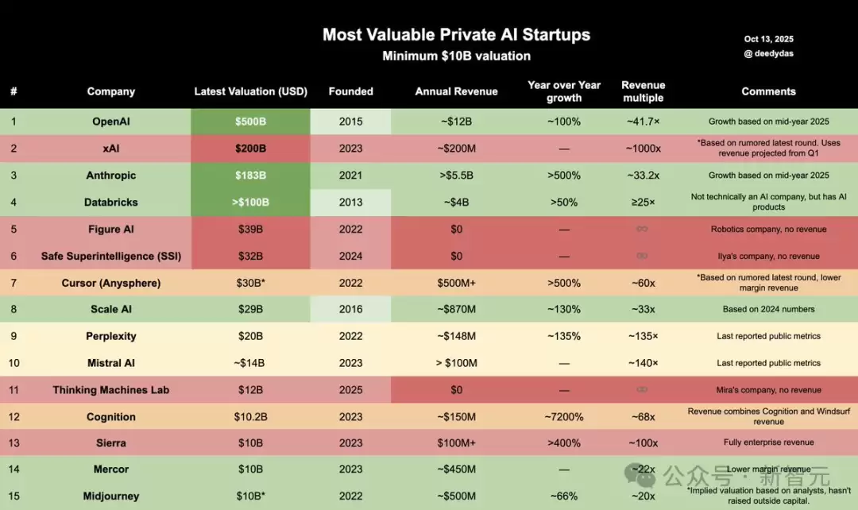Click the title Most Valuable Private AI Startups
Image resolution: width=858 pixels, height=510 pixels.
tap(456, 35)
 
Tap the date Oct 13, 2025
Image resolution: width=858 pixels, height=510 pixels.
tap(768, 39)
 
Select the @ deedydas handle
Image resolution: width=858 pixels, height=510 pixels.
tap(768, 54)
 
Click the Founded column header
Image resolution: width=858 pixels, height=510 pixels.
tap(350, 91)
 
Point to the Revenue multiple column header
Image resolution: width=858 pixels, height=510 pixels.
tap(643, 91)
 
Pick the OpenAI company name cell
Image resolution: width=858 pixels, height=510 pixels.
tap(110, 122)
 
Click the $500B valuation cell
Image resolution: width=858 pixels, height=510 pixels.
tap(250, 122)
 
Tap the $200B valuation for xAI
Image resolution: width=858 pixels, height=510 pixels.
tap(250, 149)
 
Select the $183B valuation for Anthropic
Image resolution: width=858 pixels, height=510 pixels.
tap(250, 176)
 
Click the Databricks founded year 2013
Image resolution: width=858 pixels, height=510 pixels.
tap(350, 203)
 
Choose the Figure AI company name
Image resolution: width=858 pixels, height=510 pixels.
tap(110, 229)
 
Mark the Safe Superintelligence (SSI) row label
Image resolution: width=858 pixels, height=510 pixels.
tap(110, 256)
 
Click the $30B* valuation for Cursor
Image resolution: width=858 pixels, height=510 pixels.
tap(250, 283)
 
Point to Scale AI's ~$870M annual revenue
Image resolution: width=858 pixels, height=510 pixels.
tap(456, 309)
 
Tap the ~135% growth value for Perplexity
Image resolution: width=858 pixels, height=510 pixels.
tap(564, 336)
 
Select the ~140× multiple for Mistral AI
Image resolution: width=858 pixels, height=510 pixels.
tap(643, 363)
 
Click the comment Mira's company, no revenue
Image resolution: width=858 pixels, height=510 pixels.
tap(768, 390)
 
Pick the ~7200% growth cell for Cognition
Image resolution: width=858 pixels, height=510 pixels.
tap(564, 417)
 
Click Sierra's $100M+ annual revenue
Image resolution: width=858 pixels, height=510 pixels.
tap(456, 443)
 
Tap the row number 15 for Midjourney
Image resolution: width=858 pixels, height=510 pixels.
tap(14, 496)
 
